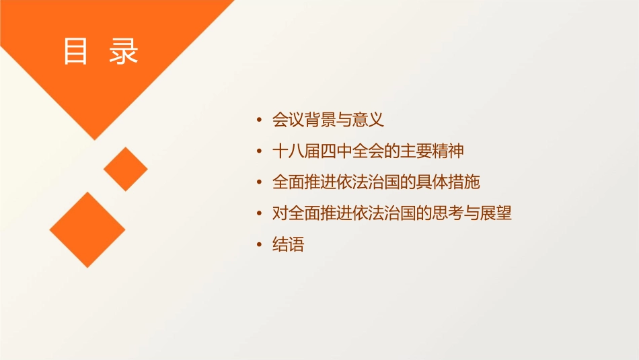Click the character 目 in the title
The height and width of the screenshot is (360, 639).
coord(76,51)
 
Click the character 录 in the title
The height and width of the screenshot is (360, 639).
coord(124,51)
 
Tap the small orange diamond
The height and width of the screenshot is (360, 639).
coord(125,169)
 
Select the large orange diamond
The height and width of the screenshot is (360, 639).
coord(87,229)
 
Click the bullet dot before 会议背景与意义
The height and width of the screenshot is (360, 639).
coord(260,120)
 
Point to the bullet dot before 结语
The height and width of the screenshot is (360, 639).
coord(260,245)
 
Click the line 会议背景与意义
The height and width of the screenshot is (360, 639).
coord(328,120)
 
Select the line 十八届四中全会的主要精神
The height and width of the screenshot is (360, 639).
coord(368,151)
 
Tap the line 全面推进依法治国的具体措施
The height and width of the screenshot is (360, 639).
coord(376,182)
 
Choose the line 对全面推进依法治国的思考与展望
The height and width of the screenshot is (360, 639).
coord(392,214)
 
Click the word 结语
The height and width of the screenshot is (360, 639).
coord(288,245)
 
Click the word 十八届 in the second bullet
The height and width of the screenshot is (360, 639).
coord(295,151)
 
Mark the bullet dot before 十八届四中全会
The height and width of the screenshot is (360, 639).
coord(260,151)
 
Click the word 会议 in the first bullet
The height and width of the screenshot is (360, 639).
coord(288,120)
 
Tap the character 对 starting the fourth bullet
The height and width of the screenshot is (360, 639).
coord(280,214)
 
